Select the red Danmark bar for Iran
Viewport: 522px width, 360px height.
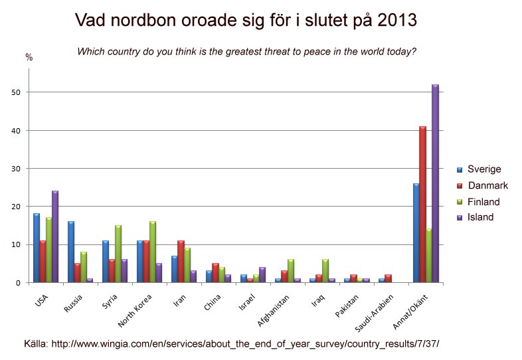181,262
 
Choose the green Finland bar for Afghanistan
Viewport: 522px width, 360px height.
291,271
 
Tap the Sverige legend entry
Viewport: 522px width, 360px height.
483,169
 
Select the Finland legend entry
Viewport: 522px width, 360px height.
483,201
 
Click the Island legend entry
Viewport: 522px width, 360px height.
480,217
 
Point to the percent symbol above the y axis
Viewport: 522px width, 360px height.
29,58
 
